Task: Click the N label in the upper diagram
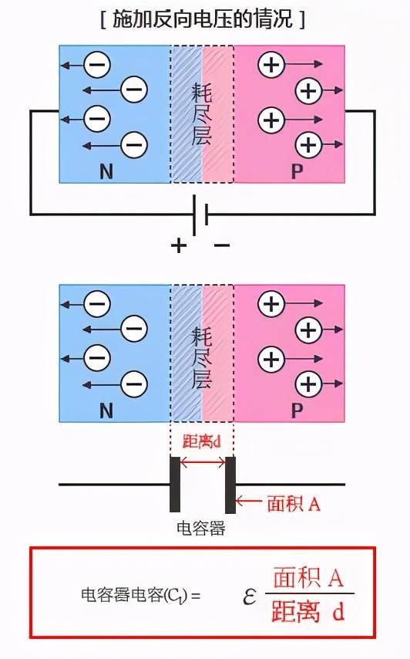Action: coord(106,171)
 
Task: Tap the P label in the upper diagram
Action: coord(297,171)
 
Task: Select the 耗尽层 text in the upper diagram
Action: coord(202,114)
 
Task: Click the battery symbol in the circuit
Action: coord(200,215)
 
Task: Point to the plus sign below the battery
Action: coord(179,245)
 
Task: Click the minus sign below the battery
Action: coord(222,245)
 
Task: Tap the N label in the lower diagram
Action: coord(106,411)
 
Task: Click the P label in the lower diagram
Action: coord(297,411)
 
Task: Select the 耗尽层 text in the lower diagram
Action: coord(202,357)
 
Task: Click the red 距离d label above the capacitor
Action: coord(201,441)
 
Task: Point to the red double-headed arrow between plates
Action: coord(203,463)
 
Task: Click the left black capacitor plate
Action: coord(175,485)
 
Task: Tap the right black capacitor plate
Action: coord(230,485)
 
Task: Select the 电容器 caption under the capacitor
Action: coord(201,528)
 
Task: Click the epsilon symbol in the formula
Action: coord(249,596)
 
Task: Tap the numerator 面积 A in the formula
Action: coord(308,577)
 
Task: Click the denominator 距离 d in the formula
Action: coord(308,611)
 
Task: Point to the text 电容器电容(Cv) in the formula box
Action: coord(134,596)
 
